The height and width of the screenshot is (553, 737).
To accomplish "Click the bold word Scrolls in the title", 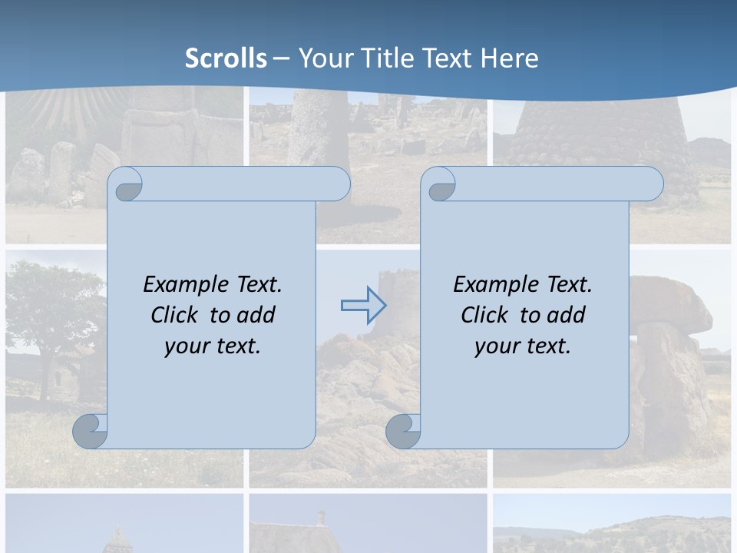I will pyautogui.click(x=226, y=58).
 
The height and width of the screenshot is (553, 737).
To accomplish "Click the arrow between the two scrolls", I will pyautogui.click(x=363, y=305).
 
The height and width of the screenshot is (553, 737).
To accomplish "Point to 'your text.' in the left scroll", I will pyautogui.click(x=213, y=346).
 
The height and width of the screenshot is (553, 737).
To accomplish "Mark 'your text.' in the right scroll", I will pyautogui.click(x=523, y=346).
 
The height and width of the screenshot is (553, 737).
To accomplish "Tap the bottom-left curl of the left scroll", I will pyautogui.click(x=91, y=431).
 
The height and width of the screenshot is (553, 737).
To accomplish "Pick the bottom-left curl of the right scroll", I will pyautogui.click(x=403, y=431).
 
